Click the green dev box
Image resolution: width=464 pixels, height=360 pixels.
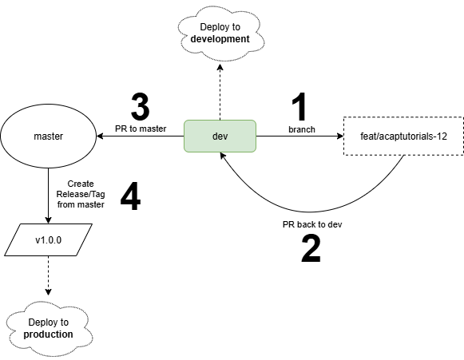click(220, 136)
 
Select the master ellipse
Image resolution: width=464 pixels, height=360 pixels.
click(49, 136)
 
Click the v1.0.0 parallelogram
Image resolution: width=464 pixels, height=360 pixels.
click(49, 240)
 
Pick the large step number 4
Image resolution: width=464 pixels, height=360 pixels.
click(130, 196)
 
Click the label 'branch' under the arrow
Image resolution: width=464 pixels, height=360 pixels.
click(301, 129)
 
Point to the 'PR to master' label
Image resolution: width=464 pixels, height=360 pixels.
click(141, 129)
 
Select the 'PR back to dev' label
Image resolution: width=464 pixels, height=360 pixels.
click(312, 225)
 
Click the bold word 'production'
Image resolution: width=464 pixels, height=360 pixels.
click(49, 334)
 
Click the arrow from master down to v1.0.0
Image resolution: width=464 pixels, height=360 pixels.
click(49, 192)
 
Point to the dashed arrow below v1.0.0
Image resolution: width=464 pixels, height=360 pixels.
click(49, 279)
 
